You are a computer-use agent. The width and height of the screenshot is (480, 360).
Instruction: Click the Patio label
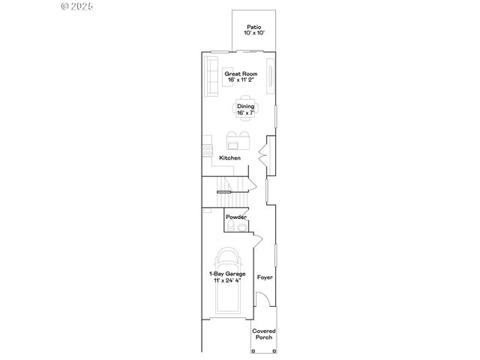[x=254, y=28]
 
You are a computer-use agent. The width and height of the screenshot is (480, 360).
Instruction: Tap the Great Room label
[x=241, y=74]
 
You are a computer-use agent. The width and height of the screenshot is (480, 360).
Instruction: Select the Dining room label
[x=246, y=106]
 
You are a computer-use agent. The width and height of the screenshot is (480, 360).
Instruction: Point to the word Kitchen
[x=229, y=158]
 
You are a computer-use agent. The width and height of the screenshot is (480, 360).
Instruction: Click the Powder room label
[x=236, y=217]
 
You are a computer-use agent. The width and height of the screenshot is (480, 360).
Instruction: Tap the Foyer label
[x=264, y=277]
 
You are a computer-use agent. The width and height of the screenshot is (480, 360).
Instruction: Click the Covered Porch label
[x=263, y=334]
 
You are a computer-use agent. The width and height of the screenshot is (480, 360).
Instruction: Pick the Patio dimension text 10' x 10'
[x=254, y=34]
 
